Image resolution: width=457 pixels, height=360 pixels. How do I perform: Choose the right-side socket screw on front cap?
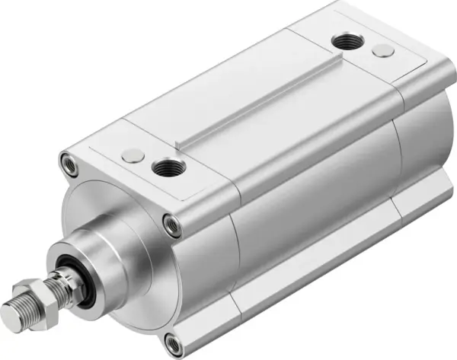point(174,224)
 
